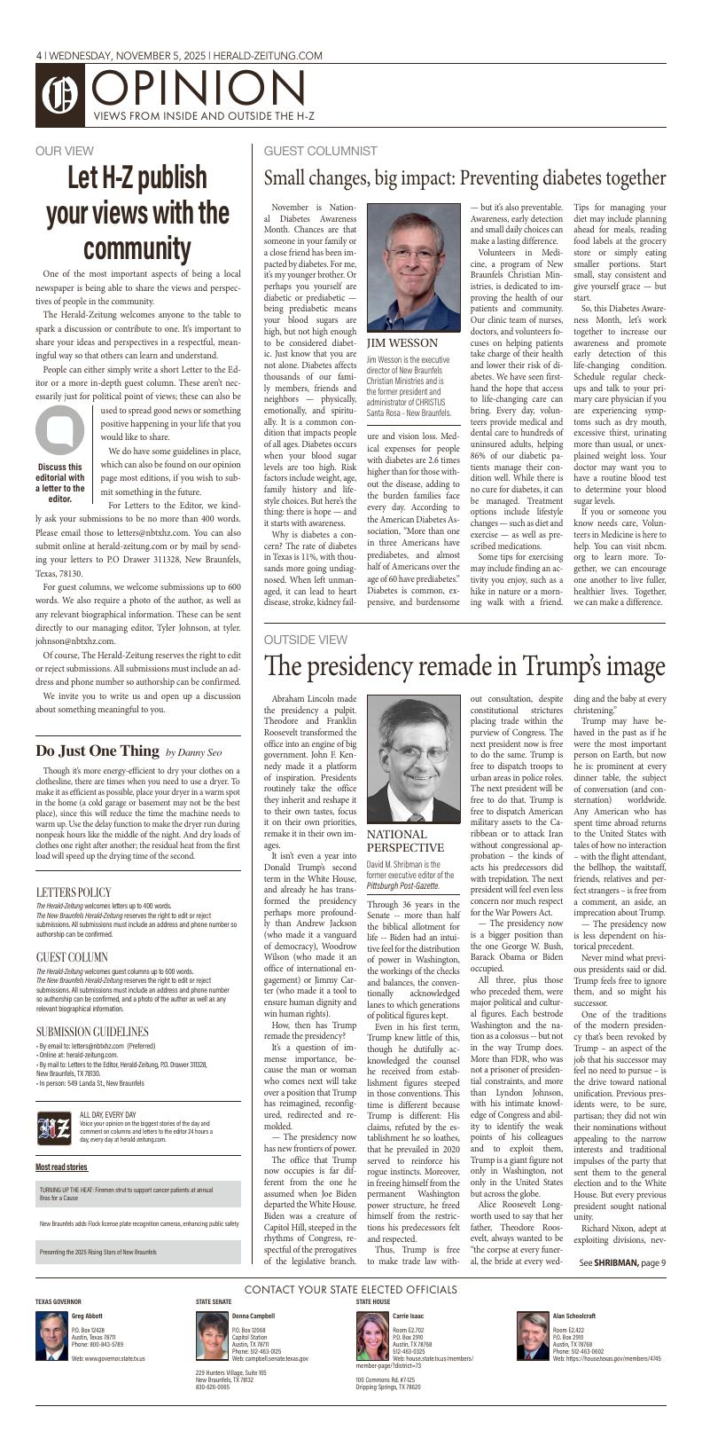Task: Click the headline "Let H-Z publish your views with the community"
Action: tap(137, 212)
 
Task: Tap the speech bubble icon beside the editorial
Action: tap(59, 429)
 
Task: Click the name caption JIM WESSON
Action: tap(402, 342)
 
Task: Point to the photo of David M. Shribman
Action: tap(414, 758)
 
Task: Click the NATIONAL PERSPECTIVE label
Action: tap(405, 841)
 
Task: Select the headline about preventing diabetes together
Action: tap(464, 178)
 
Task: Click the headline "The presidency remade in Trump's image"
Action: tap(464, 666)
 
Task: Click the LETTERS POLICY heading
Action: tap(74, 892)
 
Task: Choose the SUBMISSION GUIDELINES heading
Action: tap(92, 1032)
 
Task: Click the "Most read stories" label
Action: tap(62, 1167)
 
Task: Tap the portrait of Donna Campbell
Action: tap(212, 1335)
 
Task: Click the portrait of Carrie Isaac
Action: tap(372, 1335)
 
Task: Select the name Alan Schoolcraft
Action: tap(574, 1316)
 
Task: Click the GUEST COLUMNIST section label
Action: tap(320, 152)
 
